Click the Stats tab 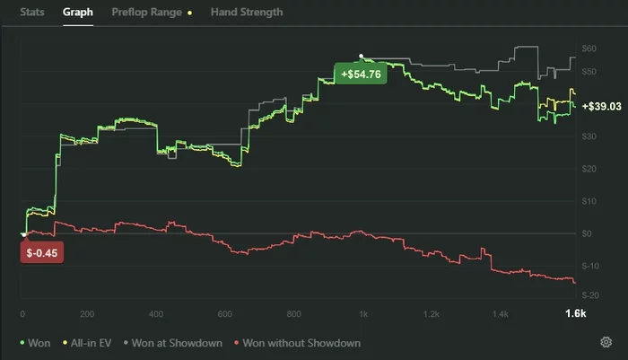(x=32, y=13)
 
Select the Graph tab (x=78, y=13)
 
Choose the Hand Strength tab (x=246, y=13)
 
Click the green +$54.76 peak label (x=360, y=74)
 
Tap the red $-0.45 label (x=41, y=252)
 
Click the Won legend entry (x=37, y=342)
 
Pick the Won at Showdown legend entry (x=174, y=342)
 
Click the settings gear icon (x=606, y=342)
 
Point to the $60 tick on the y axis (x=589, y=48)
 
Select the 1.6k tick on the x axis (x=575, y=313)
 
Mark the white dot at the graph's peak (x=361, y=55)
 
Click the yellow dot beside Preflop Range (x=189, y=13)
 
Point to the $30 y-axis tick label (x=589, y=136)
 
